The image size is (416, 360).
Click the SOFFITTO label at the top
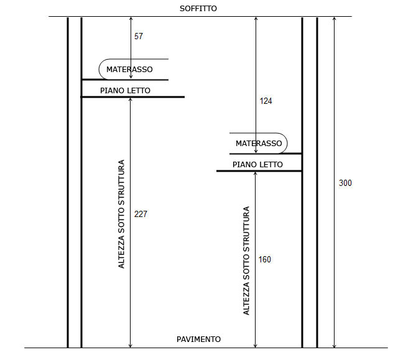[198, 9]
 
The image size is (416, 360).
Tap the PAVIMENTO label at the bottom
[199, 339]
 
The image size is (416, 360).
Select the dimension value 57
[139, 36]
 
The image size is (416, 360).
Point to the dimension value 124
[266, 101]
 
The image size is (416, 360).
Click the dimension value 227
[141, 214]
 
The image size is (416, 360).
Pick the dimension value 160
[265, 259]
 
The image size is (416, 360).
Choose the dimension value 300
[346, 183]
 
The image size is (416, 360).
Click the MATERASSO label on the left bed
[129, 70]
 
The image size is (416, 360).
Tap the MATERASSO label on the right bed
[259, 144]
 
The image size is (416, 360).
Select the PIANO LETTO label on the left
[125, 91]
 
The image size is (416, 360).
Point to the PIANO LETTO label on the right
[257, 165]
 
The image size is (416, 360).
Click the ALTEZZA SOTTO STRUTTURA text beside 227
[121, 214]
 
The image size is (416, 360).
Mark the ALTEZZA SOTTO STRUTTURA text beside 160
[246, 261]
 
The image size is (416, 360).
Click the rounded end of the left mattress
[99, 69]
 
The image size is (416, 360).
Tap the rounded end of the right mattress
[287, 143]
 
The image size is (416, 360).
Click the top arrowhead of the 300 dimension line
[335, 18]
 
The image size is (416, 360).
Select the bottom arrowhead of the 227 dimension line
[130, 346]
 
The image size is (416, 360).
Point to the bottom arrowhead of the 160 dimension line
[255, 346]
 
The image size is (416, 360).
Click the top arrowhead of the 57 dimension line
[131, 18]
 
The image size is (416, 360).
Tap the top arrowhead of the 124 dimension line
[256, 18]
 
